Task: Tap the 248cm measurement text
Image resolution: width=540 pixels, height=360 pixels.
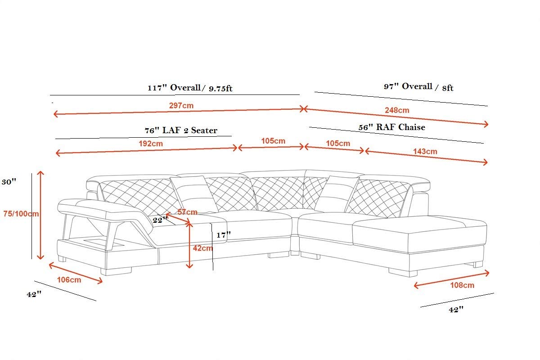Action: click(397, 110)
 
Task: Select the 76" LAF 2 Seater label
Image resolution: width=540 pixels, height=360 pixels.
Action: click(180, 130)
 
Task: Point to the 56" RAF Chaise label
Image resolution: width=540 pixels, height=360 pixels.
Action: click(391, 127)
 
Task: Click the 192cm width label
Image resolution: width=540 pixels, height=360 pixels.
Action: click(151, 144)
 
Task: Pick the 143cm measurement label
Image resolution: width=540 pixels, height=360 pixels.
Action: click(425, 151)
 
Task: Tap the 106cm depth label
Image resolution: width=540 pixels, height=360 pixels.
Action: click(69, 279)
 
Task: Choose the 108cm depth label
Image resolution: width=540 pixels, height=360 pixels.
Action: click(462, 285)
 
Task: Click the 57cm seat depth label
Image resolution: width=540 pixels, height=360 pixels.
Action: click(187, 211)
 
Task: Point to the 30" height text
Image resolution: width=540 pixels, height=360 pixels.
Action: click(9, 182)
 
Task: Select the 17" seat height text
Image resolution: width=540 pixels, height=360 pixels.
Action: click(224, 234)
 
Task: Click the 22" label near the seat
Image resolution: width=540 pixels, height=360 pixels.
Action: click(159, 220)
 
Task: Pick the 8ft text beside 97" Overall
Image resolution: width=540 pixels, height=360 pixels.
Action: click(447, 88)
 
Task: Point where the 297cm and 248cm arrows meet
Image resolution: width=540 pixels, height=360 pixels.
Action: click(304, 108)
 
